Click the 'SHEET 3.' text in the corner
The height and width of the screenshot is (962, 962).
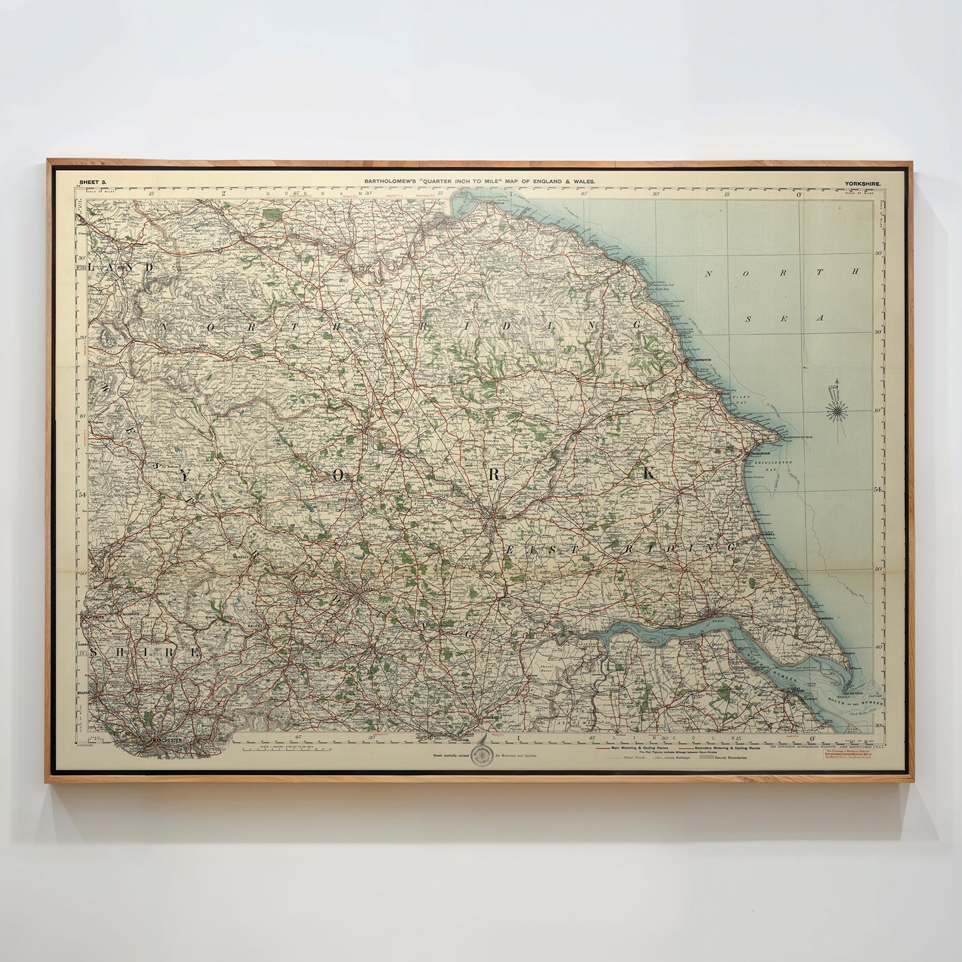[92, 183]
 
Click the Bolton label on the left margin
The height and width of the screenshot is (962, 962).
[83, 693]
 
